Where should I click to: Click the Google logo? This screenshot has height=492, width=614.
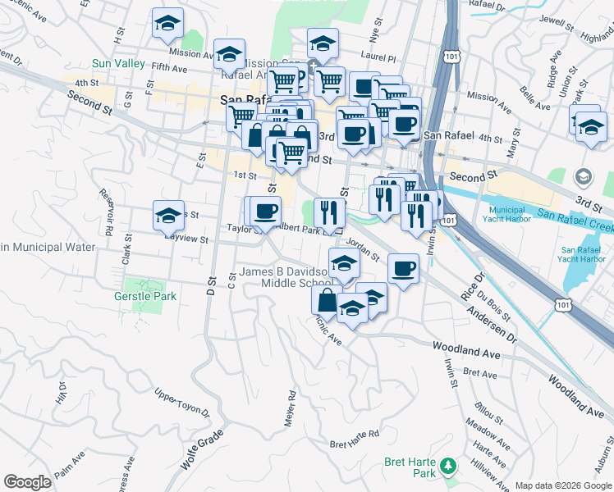tap(28, 482)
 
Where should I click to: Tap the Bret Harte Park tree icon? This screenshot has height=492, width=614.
tap(447, 466)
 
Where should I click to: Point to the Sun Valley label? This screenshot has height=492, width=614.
tap(118, 63)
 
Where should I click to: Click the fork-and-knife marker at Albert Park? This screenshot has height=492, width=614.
tap(329, 212)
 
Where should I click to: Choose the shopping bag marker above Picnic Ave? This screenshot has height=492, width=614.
tap(327, 300)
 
